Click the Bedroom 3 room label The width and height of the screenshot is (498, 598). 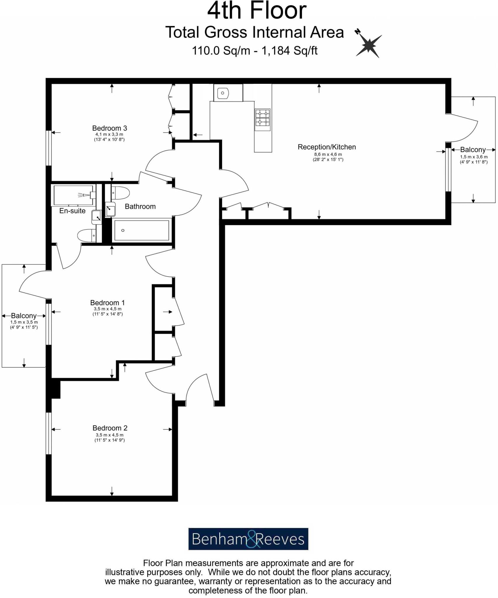[x=109, y=128]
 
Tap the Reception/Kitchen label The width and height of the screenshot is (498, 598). [x=326, y=147]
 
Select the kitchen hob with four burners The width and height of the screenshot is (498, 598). [x=262, y=120]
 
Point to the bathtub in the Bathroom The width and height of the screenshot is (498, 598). [x=141, y=230]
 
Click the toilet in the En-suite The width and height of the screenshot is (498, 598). [x=87, y=235]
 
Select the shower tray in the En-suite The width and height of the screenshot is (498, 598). [x=74, y=195]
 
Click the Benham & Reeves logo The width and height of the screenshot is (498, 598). [x=248, y=539]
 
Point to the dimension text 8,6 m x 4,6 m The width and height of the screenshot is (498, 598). [x=328, y=154]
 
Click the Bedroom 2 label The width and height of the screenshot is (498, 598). [x=110, y=428]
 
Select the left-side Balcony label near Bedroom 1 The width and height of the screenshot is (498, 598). [x=24, y=316]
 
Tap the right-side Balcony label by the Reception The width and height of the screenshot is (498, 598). [x=473, y=150]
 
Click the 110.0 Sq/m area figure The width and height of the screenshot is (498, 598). [x=221, y=51]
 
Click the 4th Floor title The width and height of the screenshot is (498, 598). [x=257, y=11]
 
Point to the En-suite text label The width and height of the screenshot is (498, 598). [x=72, y=211]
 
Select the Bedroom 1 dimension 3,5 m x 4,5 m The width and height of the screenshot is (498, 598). [x=108, y=309]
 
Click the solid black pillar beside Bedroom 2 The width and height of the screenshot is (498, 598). [x=55, y=389]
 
